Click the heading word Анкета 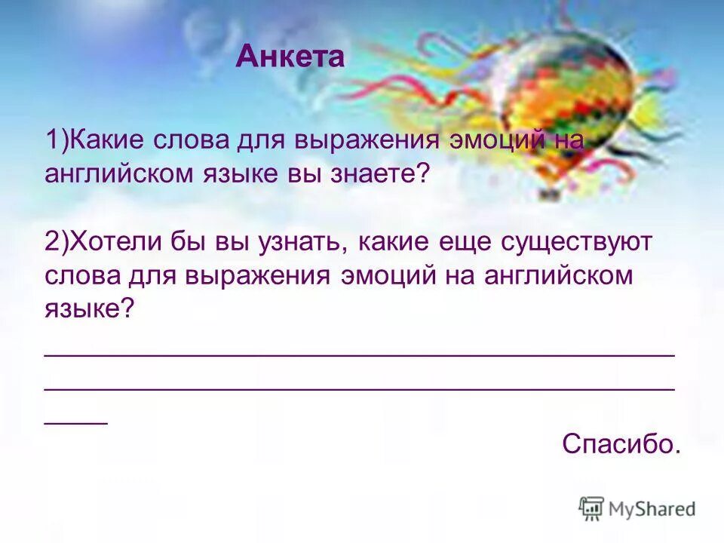pyautogui.click(x=290, y=58)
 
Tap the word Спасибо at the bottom pyautogui.click(x=620, y=443)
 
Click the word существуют pyautogui.click(x=573, y=244)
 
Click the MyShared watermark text pyautogui.click(x=653, y=509)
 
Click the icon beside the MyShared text pyautogui.click(x=592, y=508)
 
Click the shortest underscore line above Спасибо pyautogui.click(x=76, y=422)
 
